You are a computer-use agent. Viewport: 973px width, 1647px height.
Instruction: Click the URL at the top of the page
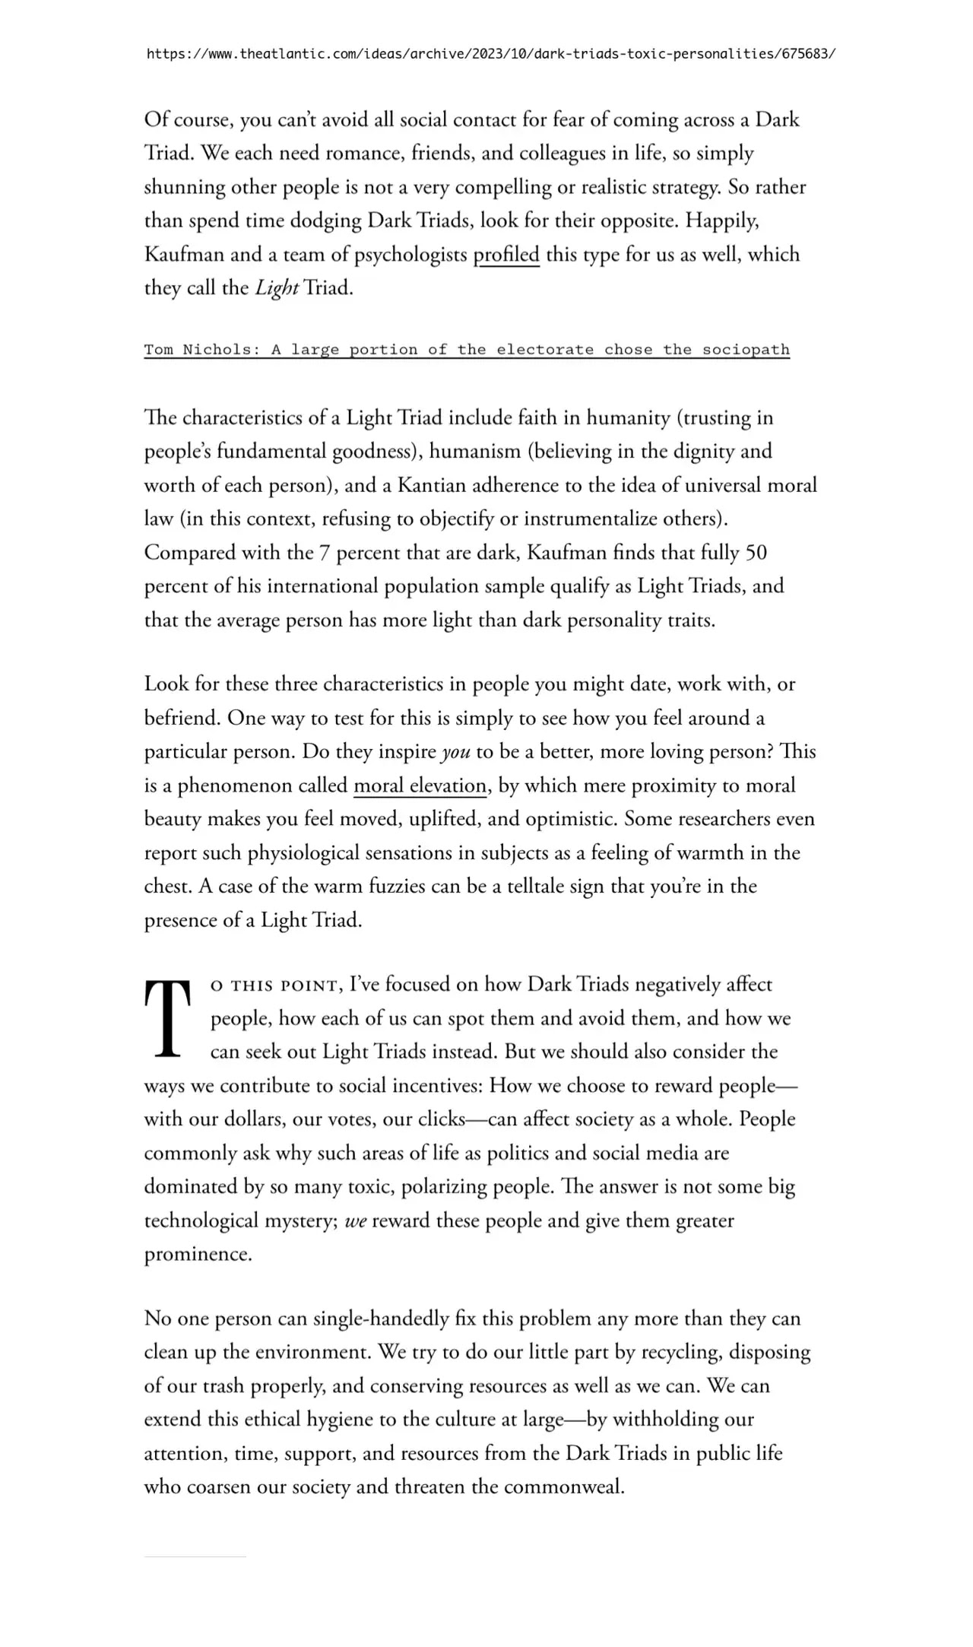pyautogui.click(x=490, y=54)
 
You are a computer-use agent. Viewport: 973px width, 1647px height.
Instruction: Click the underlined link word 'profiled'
pyautogui.click(x=506, y=255)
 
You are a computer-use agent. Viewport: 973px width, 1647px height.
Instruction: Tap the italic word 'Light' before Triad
pyautogui.click(x=276, y=288)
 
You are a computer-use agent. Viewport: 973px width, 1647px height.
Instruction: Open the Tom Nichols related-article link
pyautogui.click(x=467, y=350)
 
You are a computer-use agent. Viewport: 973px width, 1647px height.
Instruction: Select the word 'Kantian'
pyautogui.click(x=432, y=485)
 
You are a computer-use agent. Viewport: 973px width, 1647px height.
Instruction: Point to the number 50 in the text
pyautogui.click(x=756, y=552)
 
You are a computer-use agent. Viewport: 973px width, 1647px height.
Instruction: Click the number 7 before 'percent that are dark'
pyautogui.click(x=325, y=552)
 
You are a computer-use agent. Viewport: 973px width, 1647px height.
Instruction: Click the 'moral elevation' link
pyautogui.click(x=420, y=785)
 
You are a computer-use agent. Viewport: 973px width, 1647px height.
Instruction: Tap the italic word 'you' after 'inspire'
pyautogui.click(x=455, y=752)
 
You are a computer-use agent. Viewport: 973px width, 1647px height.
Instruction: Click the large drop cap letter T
pyautogui.click(x=166, y=1019)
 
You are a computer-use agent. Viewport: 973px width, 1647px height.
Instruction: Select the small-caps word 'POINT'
pyautogui.click(x=309, y=986)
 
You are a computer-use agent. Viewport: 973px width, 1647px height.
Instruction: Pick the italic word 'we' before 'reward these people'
pyautogui.click(x=356, y=1220)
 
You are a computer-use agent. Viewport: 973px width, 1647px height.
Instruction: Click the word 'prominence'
pyautogui.click(x=197, y=1255)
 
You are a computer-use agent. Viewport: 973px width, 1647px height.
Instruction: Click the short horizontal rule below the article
pyautogui.click(x=195, y=1557)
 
